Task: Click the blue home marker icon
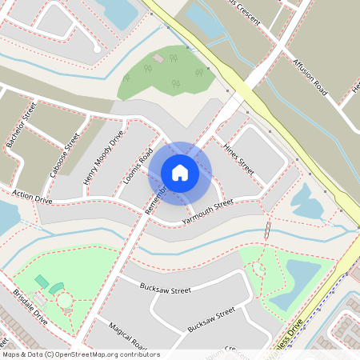coord(180,172)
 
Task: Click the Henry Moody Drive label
coord(103,158)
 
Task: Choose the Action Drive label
coord(32,197)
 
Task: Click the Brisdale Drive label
coord(30,306)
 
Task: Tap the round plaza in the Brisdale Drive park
coord(63,302)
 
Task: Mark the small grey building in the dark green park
coord(158,58)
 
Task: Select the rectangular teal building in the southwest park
coord(41,281)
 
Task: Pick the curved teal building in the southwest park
coord(56,287)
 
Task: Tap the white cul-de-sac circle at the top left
coord(97,49)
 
